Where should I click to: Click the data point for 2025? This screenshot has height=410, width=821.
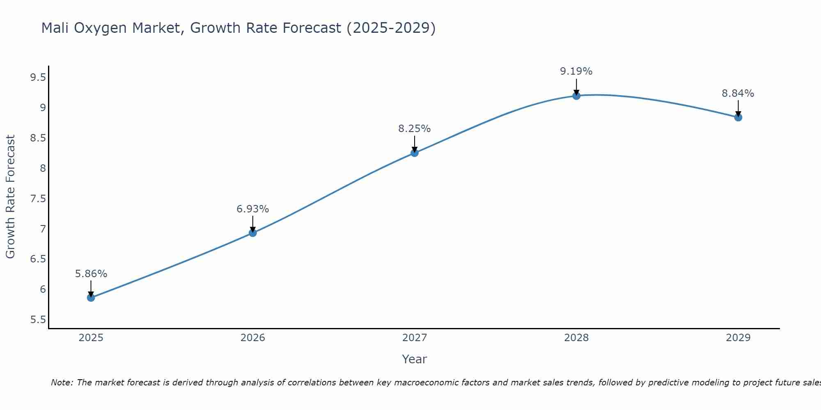[91, 298]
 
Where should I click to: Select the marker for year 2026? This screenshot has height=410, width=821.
[253, 233]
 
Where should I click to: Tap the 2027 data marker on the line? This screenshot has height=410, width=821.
[415, 153]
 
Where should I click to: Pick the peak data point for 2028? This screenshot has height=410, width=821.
[576, 96]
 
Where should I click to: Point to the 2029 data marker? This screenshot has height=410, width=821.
[738, 117]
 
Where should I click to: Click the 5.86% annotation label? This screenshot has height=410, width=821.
[91, 274]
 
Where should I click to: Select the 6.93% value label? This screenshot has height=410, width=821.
[253, 209]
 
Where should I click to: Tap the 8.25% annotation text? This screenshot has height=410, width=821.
[415, 129]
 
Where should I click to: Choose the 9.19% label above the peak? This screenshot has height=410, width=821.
[576, 71]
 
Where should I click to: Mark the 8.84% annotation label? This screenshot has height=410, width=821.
[738, 93]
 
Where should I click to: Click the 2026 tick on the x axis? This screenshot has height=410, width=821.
[253, 338]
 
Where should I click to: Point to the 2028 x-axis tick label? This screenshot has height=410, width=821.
[576, 338]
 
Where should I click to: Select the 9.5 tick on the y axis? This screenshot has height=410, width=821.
[38, 77]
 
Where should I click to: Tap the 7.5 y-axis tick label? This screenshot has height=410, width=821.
[38, 199]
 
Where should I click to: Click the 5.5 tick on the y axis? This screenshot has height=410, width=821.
[38, 320]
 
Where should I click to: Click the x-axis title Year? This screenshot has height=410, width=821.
[415, 359]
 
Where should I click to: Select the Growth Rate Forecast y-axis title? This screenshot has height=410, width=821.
[11, 197]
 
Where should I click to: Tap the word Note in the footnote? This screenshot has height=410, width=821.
[62, 383]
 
